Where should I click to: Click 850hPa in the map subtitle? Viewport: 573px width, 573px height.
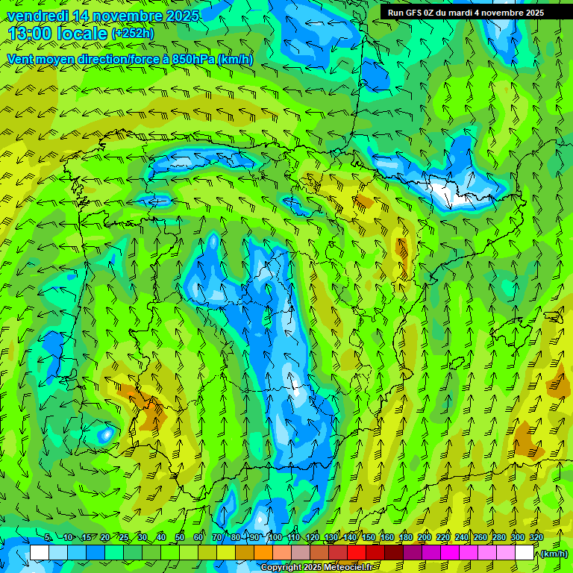(x=192, y=59)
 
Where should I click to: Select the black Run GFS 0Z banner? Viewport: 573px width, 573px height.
(x=466, y=12)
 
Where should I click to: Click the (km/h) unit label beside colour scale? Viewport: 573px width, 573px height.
(x=553, y=554)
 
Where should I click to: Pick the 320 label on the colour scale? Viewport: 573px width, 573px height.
(x=536, y=537)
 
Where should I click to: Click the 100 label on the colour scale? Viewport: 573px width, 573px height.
(x=275, y=537)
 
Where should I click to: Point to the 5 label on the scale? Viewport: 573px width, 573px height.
(x=48, y=537)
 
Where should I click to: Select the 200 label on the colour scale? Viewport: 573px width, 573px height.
(x=425, y=537)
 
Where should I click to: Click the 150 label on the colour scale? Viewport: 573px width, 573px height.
(x=369, y=537)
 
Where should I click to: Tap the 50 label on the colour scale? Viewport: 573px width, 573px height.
(x=180, y=537)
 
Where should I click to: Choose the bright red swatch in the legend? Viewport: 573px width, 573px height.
(x=357, y=553)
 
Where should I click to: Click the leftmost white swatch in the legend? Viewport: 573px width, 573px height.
(x=40, y=553)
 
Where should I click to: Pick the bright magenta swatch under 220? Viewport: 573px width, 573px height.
(x=450, y=553)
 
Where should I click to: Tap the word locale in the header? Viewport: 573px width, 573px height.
(x=87, y=34)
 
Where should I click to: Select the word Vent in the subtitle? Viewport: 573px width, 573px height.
(x=20, y=59)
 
